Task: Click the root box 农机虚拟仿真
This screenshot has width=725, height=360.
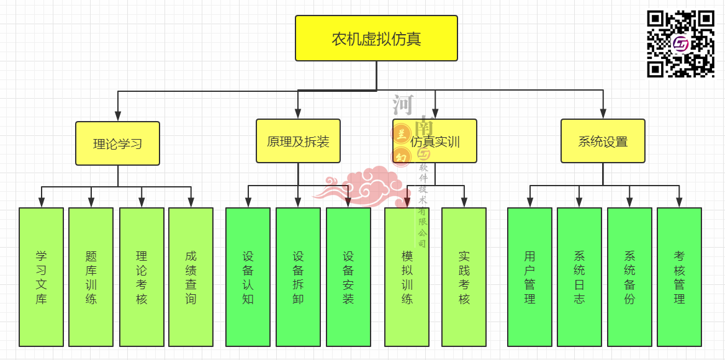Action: [376, 38]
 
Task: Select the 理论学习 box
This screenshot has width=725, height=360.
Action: [118, 143]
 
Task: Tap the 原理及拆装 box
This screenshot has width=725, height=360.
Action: [298, 141]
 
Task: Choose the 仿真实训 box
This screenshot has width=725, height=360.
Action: [435, 141]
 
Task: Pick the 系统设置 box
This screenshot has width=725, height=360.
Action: [603, 141]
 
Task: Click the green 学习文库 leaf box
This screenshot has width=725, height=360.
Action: [41, 277]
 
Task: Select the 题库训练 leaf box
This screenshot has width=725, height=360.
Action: [91, 277]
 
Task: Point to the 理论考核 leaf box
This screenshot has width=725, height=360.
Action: [142, 277]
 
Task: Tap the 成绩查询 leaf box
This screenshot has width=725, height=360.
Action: [191, 277]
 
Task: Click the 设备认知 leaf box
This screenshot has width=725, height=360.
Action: [248, 277]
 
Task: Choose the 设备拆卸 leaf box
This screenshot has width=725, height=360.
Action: [298, 277]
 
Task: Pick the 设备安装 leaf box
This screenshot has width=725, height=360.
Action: [348, 277]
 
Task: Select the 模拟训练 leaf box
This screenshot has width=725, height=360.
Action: [407, 277]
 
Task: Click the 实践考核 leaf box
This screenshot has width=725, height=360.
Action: [464, 277]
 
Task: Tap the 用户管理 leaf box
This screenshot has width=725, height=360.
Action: [529, 277]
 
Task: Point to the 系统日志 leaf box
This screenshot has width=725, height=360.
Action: [579, 277]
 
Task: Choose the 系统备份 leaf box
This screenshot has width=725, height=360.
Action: [629, 277]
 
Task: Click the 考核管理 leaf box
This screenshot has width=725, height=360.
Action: [679, 277]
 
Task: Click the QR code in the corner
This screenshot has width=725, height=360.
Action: [681, 43]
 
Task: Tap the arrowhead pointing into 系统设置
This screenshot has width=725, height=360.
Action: [603, 114]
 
